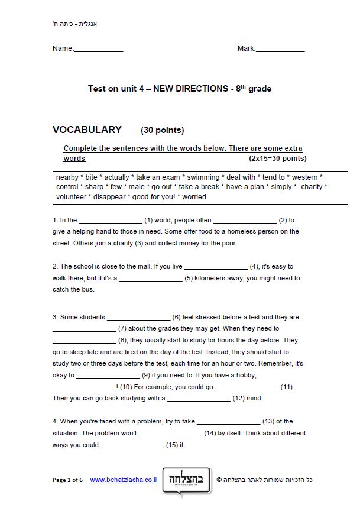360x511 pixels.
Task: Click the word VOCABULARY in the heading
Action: tap(87, 130)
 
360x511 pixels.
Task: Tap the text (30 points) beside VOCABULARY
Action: tap(163, 131)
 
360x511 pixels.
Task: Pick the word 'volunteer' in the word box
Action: tap(71, 198)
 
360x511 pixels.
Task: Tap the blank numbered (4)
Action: tap(216, 267)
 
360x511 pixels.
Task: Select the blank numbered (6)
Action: tap(138, 318)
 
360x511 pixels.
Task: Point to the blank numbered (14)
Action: tap(170, 434)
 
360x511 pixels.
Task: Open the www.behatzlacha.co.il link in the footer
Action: tap(124, 480)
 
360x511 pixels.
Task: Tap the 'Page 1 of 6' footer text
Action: tap(68, 480)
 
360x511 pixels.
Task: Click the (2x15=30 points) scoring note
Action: tap(278, 159)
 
